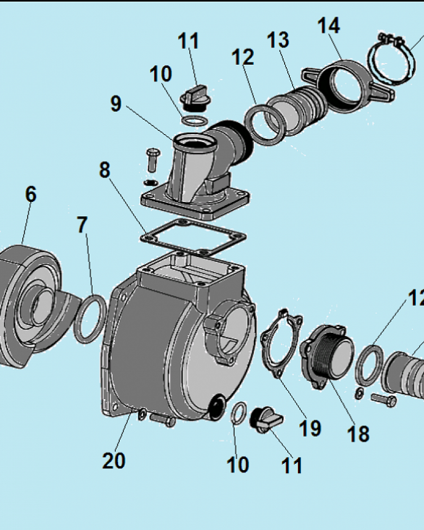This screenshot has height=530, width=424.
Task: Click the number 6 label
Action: (x=31, y=195)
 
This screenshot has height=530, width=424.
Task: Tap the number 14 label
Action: (x=329, y=25)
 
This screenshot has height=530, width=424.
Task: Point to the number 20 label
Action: (x=113, y=461)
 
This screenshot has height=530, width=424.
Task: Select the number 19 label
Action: (x=310, y=428)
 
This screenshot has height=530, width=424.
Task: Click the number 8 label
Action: (x=104, y=170)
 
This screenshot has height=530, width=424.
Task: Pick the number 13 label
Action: (x=278, y=40)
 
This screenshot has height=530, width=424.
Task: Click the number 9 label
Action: (x=116, y=104)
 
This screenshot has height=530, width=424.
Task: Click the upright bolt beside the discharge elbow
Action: (x=151, y=158)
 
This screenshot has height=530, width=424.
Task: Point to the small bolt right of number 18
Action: (x=384, y=399)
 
